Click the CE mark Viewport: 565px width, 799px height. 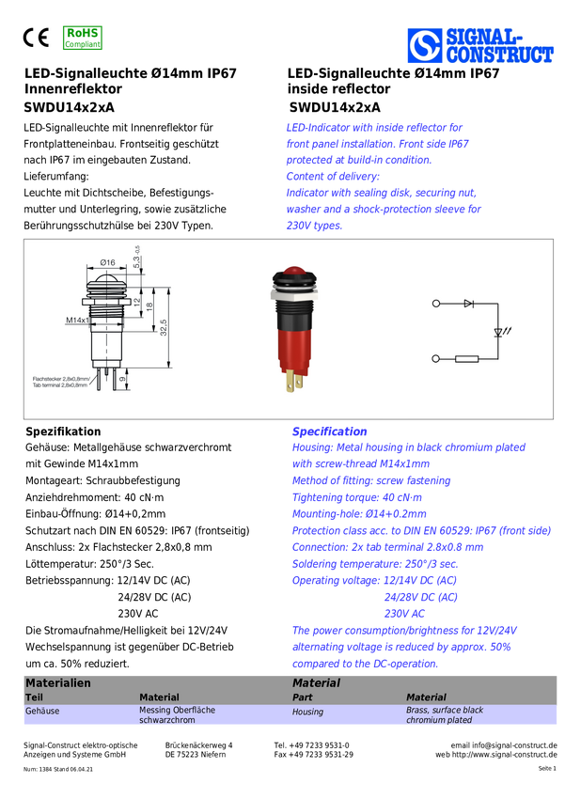(36, 38)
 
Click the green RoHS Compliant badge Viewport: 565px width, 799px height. (83, 39)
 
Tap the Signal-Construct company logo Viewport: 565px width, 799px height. (480, 45)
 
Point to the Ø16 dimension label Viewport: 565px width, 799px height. (107, 262)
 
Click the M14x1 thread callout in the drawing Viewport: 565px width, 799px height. (77, 320)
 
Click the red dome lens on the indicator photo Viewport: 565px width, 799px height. (294, 271)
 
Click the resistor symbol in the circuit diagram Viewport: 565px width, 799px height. (466, 359)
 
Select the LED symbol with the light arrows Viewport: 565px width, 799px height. (501, 332)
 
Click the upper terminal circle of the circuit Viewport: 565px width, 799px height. (435, 304)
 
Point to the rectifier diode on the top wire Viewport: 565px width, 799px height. (469, 304)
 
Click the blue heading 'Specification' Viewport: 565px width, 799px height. (329, 431)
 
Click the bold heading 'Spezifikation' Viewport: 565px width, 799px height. (63, 431)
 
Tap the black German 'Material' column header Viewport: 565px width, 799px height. (159, 697)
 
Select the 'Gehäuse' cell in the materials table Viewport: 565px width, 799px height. (42, 711)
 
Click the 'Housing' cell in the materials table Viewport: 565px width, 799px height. (307, 712)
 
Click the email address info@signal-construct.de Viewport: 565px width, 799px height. (514, 745)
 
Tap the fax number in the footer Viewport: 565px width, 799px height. (313, 755)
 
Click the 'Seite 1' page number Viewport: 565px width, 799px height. (547, 768)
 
